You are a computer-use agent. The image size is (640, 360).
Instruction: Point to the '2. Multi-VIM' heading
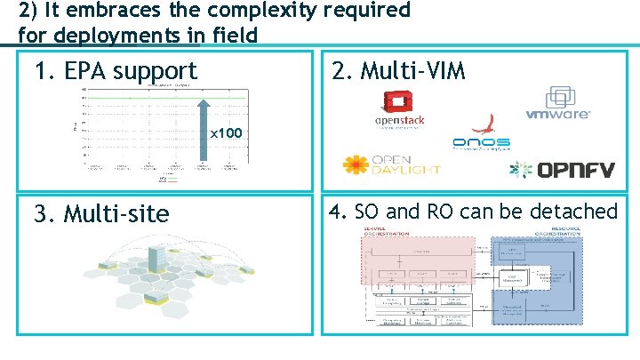click(397, 70)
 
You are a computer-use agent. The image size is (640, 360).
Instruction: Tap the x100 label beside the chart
click(226, 134)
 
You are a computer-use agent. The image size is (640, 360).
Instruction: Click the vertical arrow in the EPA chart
click(204, 124)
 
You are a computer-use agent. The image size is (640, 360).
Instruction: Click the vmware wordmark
click(558, 115)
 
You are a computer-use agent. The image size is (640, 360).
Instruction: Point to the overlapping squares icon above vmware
click(563, 97)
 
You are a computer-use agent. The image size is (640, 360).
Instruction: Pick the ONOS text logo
click(481, 141)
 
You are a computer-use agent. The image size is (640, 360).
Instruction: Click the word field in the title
click(234, 36)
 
